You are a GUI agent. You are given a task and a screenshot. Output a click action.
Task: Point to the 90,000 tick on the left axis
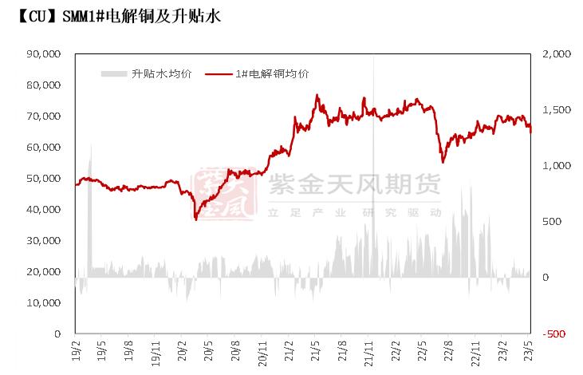tap(44, 53)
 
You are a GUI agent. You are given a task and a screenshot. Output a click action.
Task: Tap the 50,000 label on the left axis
tap(44, 178)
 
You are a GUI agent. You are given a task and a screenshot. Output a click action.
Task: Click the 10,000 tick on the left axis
tap(44, 302)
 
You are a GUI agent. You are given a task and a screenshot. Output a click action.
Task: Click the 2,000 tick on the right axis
tap(556, 53)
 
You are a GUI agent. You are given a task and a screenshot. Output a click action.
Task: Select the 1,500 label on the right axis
tap(556, 109)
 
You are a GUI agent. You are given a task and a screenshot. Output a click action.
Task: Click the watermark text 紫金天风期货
tap(355, 187)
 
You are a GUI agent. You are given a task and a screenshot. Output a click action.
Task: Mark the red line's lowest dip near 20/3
tap(195, 218)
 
